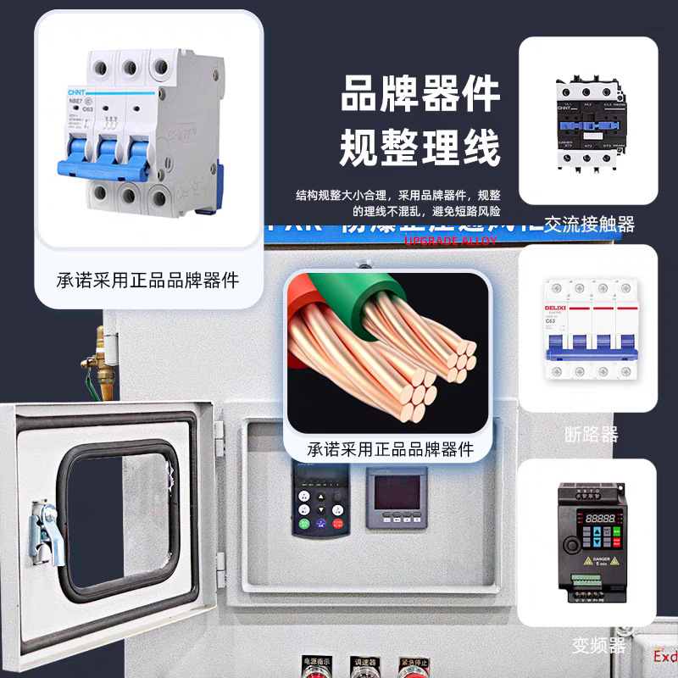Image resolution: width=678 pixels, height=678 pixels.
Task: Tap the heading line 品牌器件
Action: [x=420, y=95]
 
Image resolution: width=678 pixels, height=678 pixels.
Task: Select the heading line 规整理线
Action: [x=420, y=147]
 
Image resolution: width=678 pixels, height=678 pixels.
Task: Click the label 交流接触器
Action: [x=589, y=225]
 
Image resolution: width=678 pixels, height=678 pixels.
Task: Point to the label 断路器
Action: [x=591, y=435]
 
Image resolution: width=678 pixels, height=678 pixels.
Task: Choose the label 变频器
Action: [x=598, y=646]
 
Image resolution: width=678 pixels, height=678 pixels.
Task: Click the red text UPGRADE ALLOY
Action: [x=450, y=241]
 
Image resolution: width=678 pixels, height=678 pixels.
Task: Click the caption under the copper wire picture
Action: [x=390, y=448]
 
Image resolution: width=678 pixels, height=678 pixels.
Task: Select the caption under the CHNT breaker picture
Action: [x=147, y=279]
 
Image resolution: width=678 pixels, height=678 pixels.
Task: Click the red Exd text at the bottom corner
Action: [x=665, y=657]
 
